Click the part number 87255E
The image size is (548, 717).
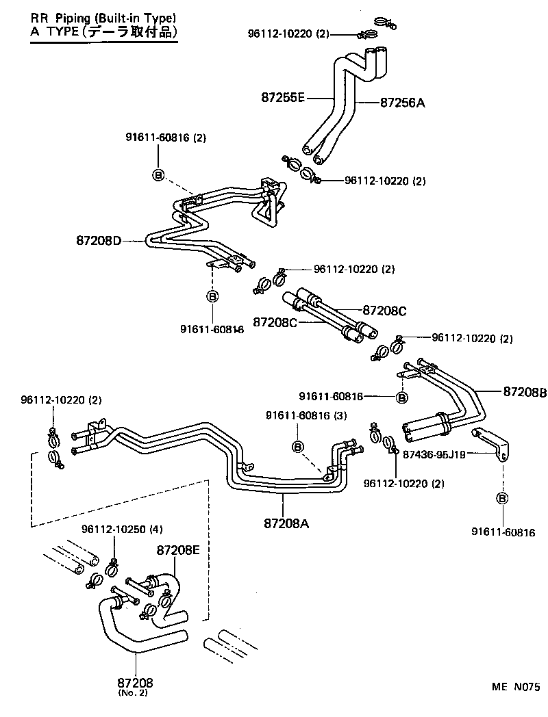282,98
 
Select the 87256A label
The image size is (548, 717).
403,103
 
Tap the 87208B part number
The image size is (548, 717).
525,392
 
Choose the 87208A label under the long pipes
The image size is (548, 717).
286,523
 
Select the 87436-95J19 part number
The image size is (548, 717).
434,454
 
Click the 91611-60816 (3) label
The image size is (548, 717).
307,415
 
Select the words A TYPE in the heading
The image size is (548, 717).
55,31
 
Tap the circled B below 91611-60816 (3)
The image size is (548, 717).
298,446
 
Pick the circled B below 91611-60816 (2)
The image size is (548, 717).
158,176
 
